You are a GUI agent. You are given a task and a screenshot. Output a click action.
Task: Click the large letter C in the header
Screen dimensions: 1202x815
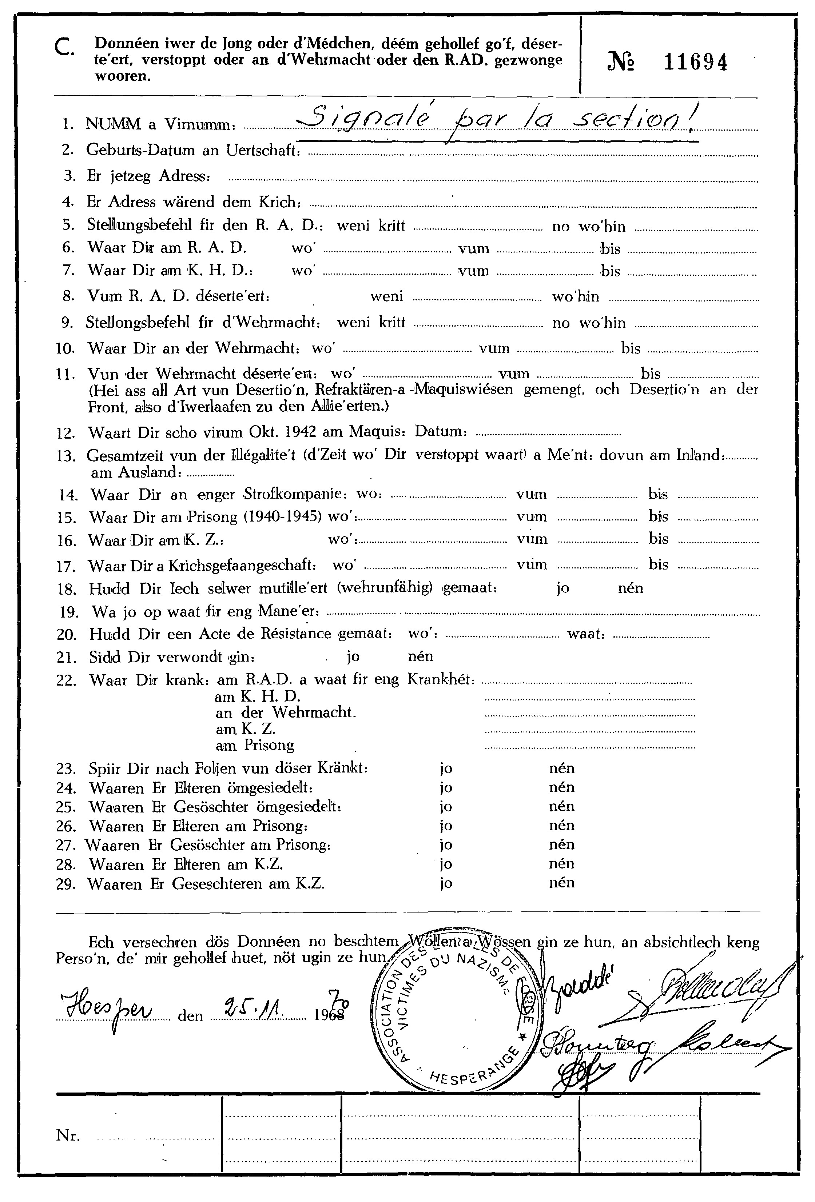click(65, 49)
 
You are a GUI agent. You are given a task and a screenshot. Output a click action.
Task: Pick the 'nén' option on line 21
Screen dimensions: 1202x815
click(420, 657)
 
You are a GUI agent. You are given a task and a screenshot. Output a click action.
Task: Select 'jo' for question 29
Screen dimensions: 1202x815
click(446, 883)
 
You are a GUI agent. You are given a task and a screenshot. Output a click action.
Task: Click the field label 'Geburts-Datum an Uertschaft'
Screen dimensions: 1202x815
click(193, 151)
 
